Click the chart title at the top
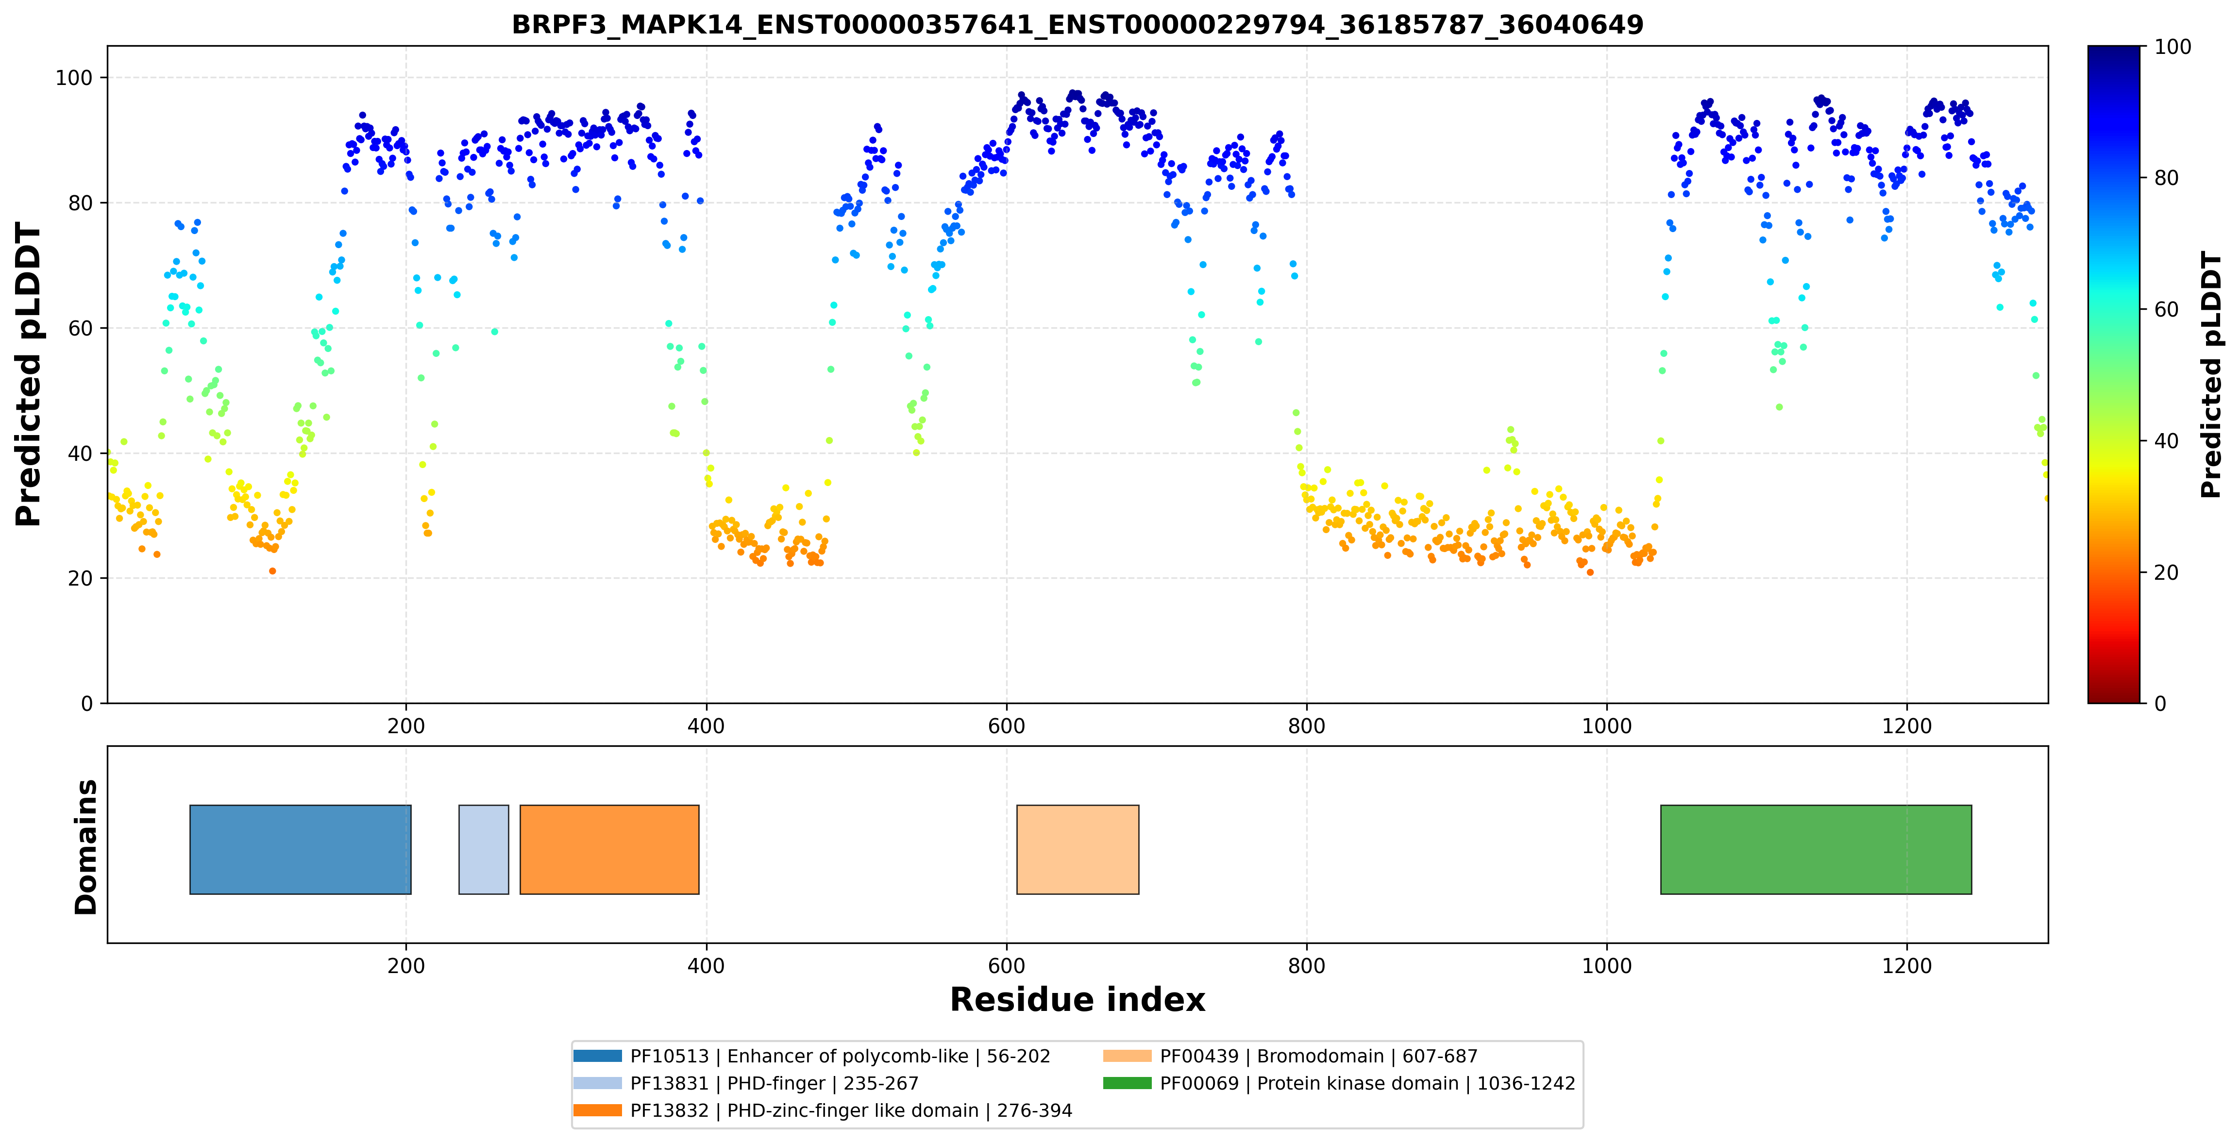pos(1078,24)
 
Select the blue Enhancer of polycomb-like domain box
pos(300,849)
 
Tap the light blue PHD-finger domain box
pos(484,849)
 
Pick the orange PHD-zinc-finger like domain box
pos(609,849)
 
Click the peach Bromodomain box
pos(1078,849)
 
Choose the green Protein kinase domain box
pos(1816,849)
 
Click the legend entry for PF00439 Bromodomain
pos(1290,1056)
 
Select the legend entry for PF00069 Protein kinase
pos(1339,1083)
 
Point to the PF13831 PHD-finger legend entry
pos(746,1083)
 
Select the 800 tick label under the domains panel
pos(1306,966)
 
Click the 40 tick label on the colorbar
pos(2166,441)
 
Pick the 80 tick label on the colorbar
pos(2166,178)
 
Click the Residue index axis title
pos(1078,1000)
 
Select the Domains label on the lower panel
pos(86,847)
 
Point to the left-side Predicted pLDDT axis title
pos(29,375)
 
